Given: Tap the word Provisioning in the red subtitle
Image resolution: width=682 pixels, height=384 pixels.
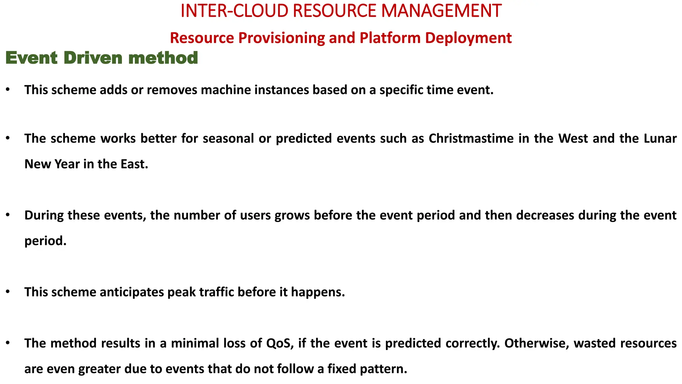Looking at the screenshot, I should tap(281, 38).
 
